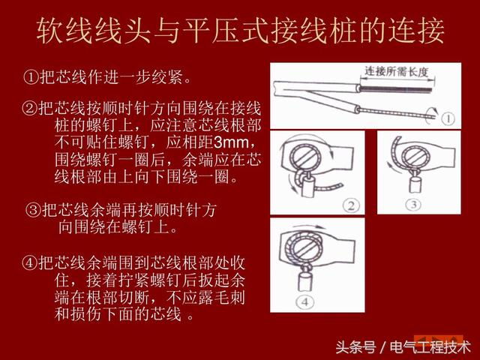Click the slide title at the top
240,30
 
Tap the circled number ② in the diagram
349,205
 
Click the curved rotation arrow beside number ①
428,113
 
